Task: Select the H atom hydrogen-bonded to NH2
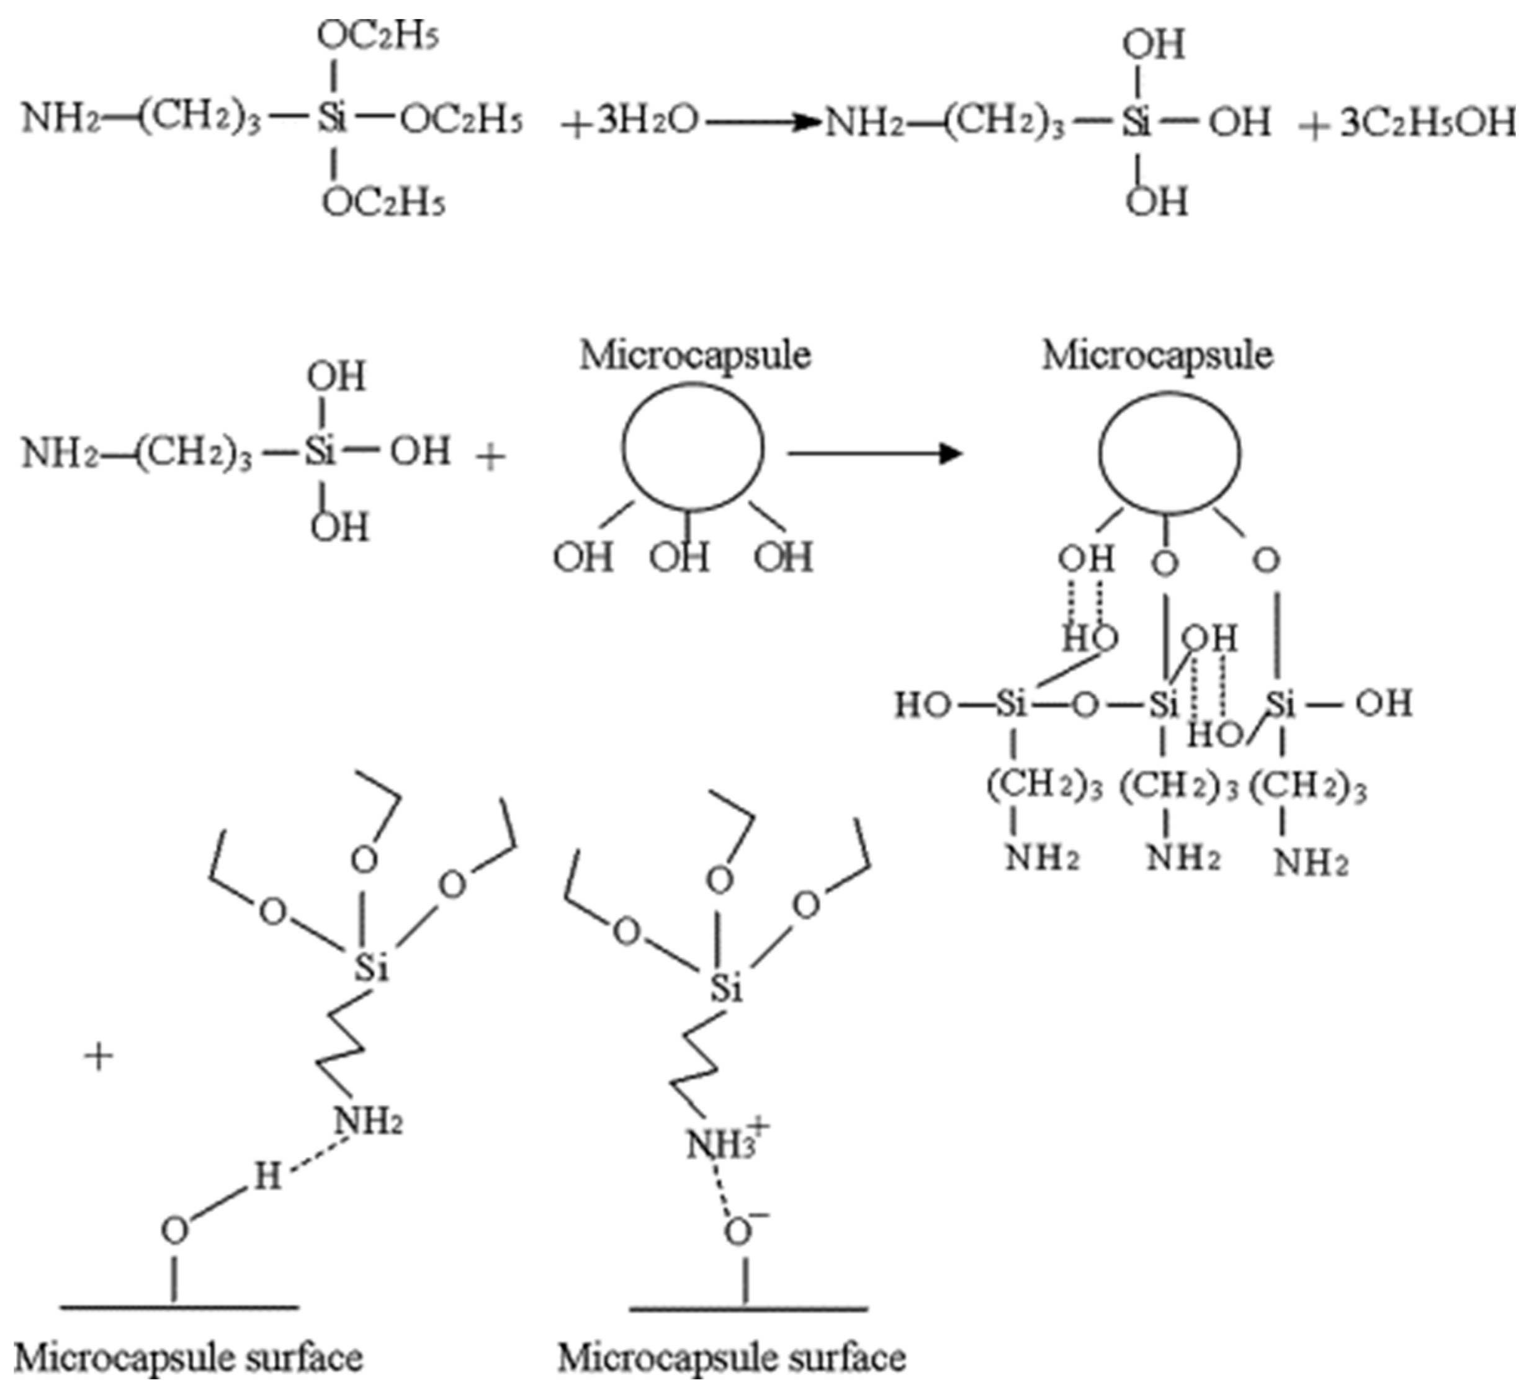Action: [267, 1176]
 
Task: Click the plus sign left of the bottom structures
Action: [99, 1057]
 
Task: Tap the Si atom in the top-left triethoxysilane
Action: [332, 122]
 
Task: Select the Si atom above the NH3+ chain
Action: [727, 989]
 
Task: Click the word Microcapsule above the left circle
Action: [695, 355]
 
